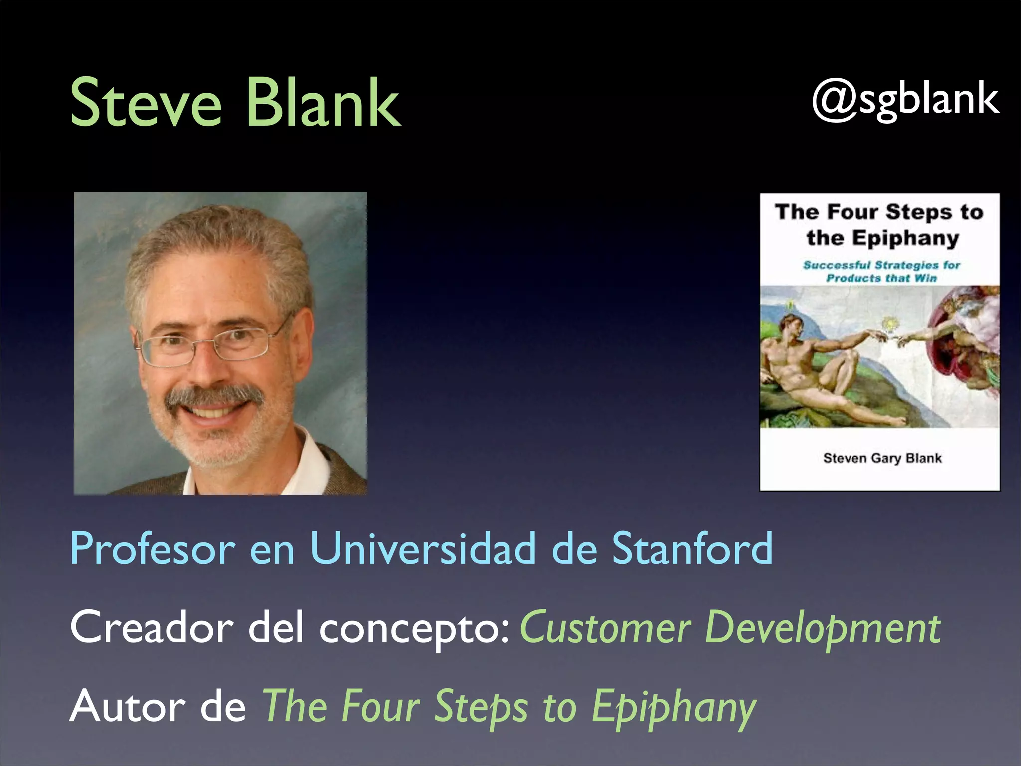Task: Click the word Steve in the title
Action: coord(145,103)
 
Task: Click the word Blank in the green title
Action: coord(323,103)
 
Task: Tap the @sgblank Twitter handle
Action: coord(905,100)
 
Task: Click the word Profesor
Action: coord(152,548)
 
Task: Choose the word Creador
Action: coord(152,627)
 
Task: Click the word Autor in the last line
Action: coord(128,706)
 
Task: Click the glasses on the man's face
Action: coord(209,344)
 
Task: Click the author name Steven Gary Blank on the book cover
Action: coord(882,458)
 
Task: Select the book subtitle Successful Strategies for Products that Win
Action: coord(881,271)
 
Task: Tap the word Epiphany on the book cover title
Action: coord(905,239)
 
